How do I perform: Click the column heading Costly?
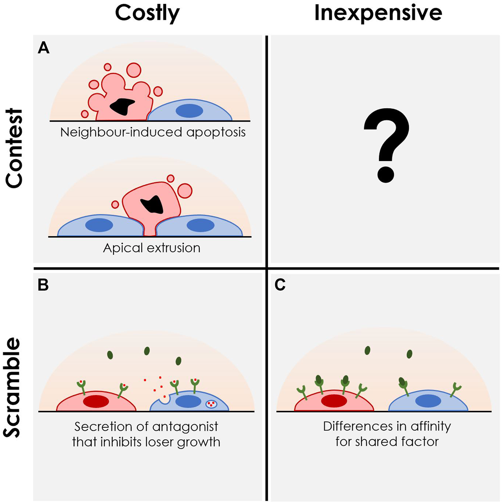[x=147, y=14]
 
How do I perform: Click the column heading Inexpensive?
[x=378, y=13]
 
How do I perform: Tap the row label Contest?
[x=14, y=148]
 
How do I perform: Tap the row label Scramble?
[x=13, y=387]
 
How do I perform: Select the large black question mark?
[x=386, y=145]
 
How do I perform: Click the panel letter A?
[x=43, y=48]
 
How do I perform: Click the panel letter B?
[x=43, y=285]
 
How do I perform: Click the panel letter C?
[x=280, y=285]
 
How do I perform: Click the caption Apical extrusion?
[x=152, y=248]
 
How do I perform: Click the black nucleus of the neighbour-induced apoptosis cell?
[x=122, y=106]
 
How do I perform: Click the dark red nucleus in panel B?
[x=96, y=402]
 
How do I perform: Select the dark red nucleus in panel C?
[x=334, y=401]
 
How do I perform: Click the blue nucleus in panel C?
[x=428, y=401]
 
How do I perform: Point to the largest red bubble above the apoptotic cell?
[x=134, y=70]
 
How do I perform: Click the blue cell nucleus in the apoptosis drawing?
[x=189, y=111]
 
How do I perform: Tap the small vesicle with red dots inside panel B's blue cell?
[x=211, y=404]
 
